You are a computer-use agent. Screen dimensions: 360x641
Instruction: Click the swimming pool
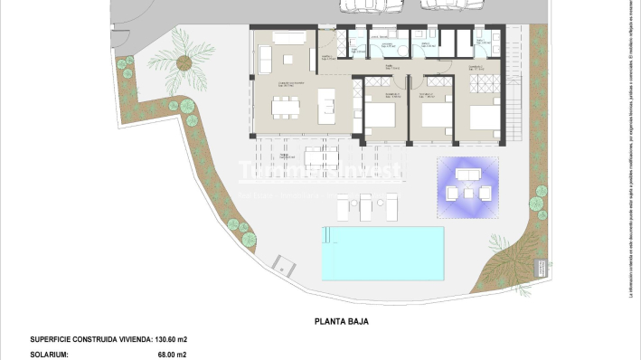pyautogui.click(x=383, y=252)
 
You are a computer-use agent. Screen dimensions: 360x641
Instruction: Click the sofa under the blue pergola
pyautogui.click(x=467, y=174)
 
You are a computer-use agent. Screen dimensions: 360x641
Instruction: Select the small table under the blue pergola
pyautogui.click(x=467, y=191)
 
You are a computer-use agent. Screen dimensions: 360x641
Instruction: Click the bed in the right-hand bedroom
pyautogui.click(x=483, y=118)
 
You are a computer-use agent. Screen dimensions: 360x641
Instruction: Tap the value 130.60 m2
pyautogui.click(x=171, y=339)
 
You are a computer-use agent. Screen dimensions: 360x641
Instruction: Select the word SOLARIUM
pyautogui.click(x=49, y=355)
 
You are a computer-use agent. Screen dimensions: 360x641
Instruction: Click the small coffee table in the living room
pyautogui.click(x=288, y=59)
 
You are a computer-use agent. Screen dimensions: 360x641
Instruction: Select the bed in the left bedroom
pyautogui.click(x=380, y=117)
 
